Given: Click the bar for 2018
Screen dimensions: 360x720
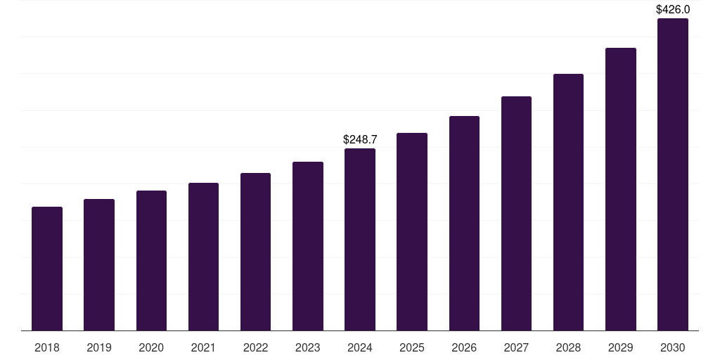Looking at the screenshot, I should [x=47, y=269].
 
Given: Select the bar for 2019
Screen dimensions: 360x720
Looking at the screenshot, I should [x=99, y=264].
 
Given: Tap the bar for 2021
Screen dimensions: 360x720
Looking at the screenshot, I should [x=203, y=257].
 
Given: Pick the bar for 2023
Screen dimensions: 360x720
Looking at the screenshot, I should [x=308, y=246].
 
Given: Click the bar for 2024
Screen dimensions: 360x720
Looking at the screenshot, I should [x=360, y=239].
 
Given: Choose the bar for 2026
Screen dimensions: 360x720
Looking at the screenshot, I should [x=464, y=223].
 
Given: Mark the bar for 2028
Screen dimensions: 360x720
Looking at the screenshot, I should [x=568, y=202].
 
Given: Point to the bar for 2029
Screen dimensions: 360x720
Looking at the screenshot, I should [x=620, y=189].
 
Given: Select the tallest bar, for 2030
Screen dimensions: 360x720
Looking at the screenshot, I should [x=673, y=174].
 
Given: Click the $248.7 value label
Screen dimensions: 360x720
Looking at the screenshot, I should [x=360, y=139].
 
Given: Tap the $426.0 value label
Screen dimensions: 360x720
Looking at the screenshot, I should [x=673, y=9].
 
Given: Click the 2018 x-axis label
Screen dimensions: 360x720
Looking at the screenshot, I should [x=47, y=347].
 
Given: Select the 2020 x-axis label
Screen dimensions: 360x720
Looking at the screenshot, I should [x=151, y=347].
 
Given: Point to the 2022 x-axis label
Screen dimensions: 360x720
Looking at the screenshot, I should [x=255, y=347].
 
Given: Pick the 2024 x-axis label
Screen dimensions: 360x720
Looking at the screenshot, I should [x=360, y=347].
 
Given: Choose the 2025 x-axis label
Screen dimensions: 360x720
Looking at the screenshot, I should [x=412, y=347].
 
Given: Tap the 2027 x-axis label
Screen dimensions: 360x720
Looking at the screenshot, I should [x=516, y=347].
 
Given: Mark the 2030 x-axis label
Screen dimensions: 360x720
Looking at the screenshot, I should [x=673, y=347].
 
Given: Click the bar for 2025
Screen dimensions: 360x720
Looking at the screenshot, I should [x=412, y=231].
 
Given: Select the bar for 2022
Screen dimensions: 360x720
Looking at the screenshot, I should [x=255, y=252].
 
